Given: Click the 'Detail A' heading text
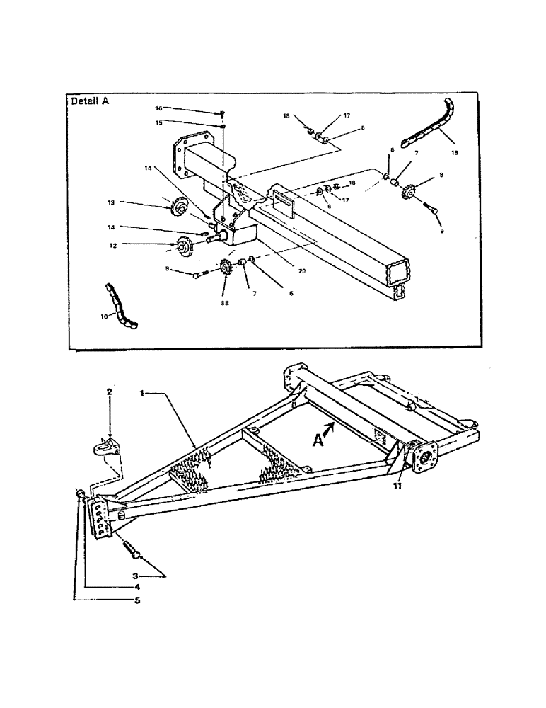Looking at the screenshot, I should [90, 101].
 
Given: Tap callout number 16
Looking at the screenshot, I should [158, 108].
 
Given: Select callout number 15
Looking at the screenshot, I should [159, 122].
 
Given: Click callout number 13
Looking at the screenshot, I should [111, 202].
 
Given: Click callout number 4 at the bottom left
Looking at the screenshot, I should [137, 587].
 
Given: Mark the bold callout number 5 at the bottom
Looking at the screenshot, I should [137, 601].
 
